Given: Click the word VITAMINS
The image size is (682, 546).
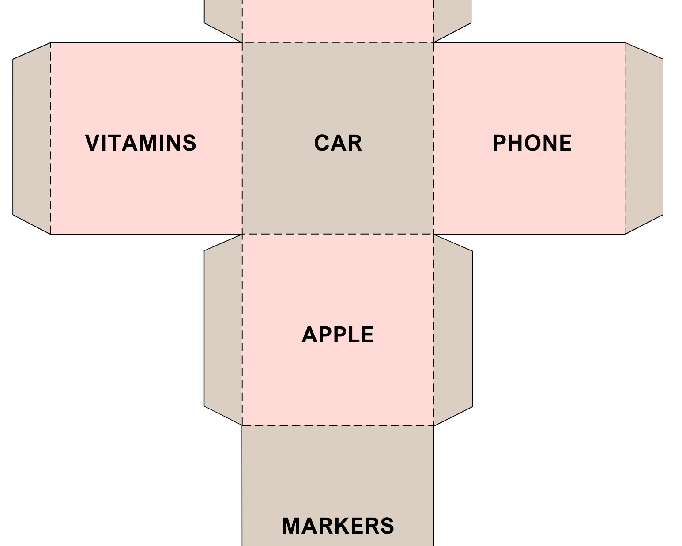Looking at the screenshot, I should (140, 143).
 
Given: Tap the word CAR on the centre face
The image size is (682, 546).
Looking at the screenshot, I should (338, 143).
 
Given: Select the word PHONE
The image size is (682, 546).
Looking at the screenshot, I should (532, 143).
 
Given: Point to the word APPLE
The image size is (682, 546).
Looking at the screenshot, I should (338, 335).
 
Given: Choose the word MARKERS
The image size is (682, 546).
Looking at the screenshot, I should (338, 526).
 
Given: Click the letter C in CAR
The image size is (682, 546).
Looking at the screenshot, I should (321, 143).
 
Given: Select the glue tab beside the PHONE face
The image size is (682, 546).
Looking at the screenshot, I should (644, 138).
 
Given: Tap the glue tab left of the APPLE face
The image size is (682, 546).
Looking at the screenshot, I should (223, 329).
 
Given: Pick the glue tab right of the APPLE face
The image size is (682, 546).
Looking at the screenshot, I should (453, 329).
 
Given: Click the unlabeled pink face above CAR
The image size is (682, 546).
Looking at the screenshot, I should (338, 20).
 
